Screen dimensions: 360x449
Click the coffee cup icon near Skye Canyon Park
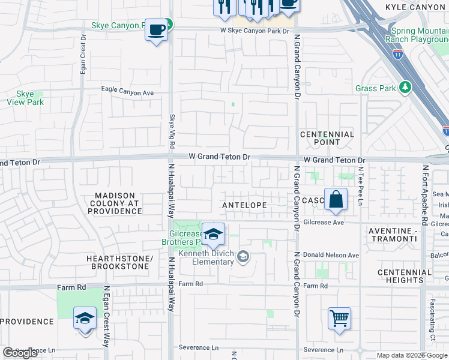pos(156,29)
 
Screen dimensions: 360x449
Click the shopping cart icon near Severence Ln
pos(339,319)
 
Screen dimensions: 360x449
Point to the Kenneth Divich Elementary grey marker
pos(243,257)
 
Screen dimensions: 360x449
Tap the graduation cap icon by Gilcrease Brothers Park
pos(213,234)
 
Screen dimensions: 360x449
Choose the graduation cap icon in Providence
pos(85,317)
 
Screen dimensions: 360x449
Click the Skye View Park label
pos(25,98)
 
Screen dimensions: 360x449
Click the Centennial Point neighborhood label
pos(327,138)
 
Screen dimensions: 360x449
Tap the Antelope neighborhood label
pos(244,205)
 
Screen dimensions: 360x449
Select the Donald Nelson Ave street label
pos(331,256)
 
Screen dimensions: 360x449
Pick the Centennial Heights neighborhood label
pos(405,276)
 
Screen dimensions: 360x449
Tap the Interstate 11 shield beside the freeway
pos(398,53)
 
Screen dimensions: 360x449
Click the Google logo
pos(20,353)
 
